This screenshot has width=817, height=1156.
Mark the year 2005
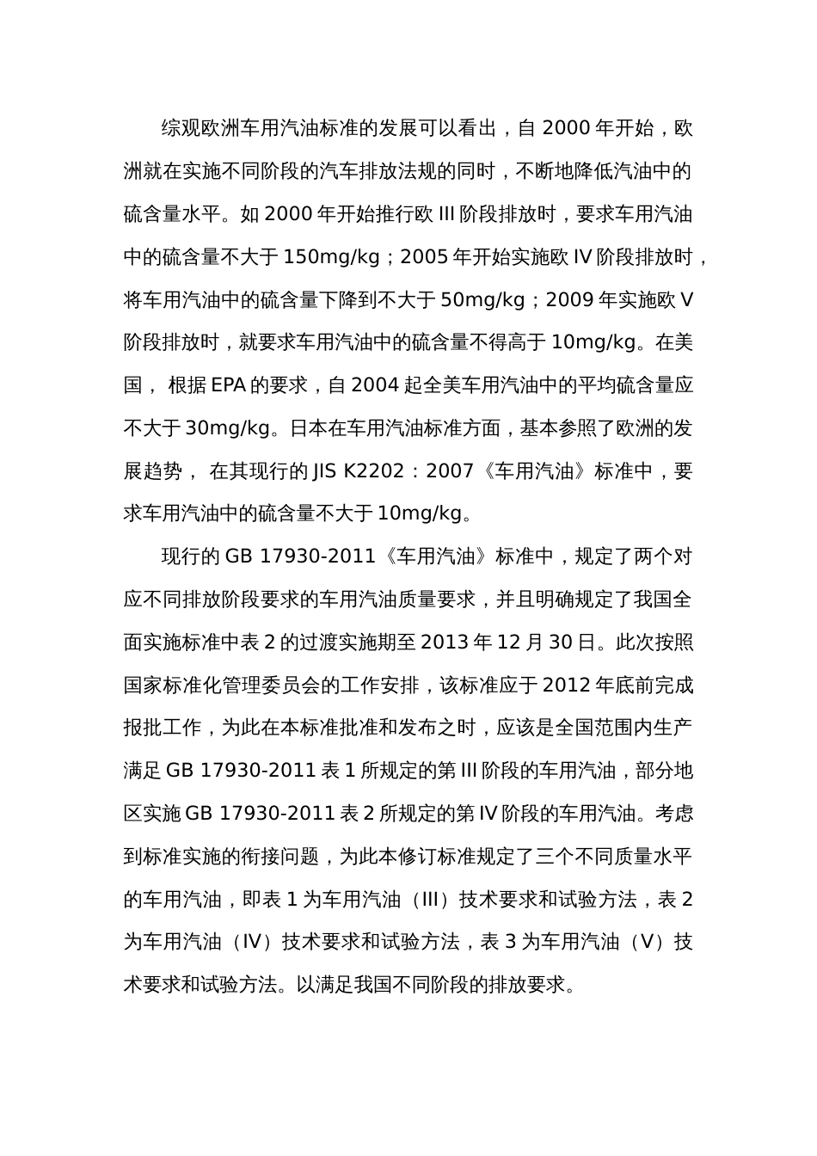(425, 257)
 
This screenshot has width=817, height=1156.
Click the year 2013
(444, 643)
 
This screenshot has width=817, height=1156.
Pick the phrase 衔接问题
(279, 857)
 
